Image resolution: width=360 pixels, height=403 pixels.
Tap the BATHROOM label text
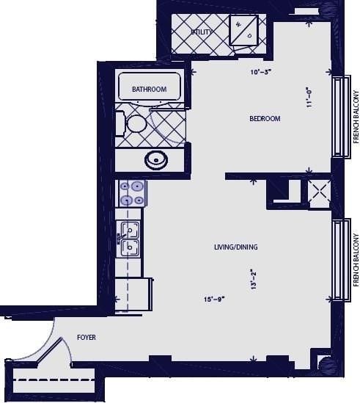click(x=149, y=90)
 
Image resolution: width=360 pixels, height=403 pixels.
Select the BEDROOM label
click(x=265, y=119)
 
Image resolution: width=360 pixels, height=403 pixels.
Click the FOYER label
click(x=87, y=338)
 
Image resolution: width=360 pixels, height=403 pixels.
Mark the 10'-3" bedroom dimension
click(x=261, y=72)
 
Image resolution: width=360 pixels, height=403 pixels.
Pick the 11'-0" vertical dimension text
click(x=310, y=96)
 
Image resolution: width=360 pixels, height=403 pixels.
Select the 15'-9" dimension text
click(x=213, y=299)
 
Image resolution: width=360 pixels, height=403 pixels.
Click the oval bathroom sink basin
click(x=155, y=159)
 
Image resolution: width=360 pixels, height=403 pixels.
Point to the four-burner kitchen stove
click(x=133, y=192)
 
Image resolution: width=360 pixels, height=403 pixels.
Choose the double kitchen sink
click(x=130, y=239)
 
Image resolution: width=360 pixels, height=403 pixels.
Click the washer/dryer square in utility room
click(x=243, y=30)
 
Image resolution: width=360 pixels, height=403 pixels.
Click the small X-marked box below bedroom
click(x=318, y=194)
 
